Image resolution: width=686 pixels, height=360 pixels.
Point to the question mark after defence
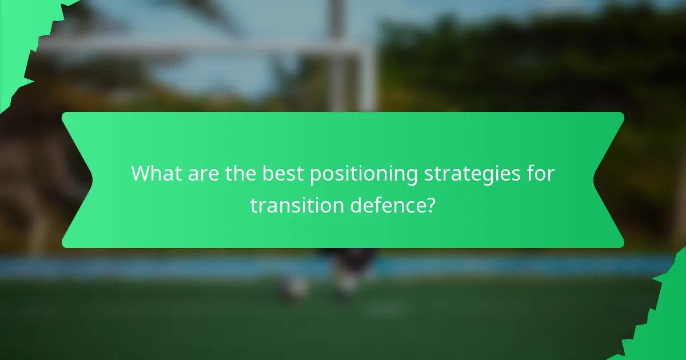pos(430,206)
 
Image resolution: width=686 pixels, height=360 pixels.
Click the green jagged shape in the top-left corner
pos(23,34)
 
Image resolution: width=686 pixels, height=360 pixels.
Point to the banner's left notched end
pos(77,180)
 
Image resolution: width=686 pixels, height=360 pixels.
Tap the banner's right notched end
pos(609,180)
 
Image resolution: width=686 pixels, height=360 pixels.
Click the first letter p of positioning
pos(314,176)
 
